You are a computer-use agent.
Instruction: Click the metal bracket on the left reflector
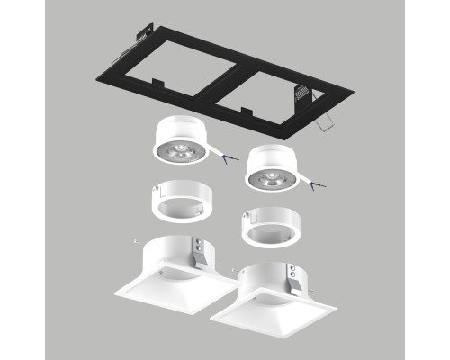coord(203,250)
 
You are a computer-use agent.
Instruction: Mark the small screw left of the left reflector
coord(134,241)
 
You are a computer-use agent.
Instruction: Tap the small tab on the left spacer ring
coord(159,190)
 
